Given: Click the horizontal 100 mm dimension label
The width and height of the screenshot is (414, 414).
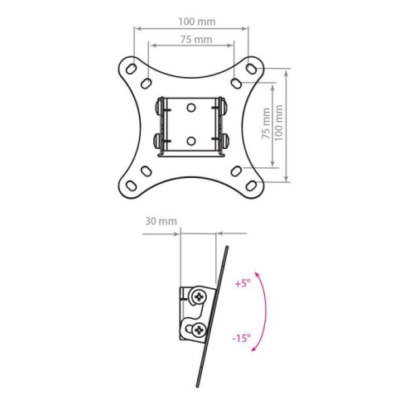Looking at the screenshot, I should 190,22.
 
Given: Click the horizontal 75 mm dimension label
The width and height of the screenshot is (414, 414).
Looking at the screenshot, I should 190,40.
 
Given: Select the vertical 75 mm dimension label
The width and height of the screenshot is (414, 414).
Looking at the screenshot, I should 266,125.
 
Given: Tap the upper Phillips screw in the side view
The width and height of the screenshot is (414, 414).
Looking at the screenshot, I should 199,295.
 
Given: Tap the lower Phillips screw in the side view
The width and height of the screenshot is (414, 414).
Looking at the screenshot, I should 199,329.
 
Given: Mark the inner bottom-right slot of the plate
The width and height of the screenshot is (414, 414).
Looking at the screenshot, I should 237,170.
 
